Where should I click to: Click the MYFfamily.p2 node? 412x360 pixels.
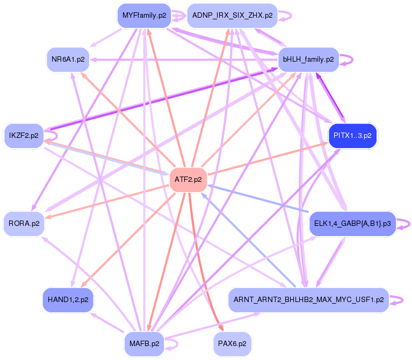[144, 16]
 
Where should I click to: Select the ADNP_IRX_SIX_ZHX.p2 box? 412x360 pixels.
[232, 16]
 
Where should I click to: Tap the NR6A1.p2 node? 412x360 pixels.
[68, 60]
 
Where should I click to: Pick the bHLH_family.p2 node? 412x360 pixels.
[308, 60]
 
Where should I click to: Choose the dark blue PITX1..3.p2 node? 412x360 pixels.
[352, 136]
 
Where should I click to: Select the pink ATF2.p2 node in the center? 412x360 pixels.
[188, 180]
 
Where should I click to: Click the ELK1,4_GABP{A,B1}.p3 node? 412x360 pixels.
[352, 223]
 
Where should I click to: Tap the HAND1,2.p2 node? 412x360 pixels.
[68, 299]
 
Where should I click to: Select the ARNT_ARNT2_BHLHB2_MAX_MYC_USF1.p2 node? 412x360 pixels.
[308, 299]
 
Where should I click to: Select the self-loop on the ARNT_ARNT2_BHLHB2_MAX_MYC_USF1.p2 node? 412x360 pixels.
[399, 299]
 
